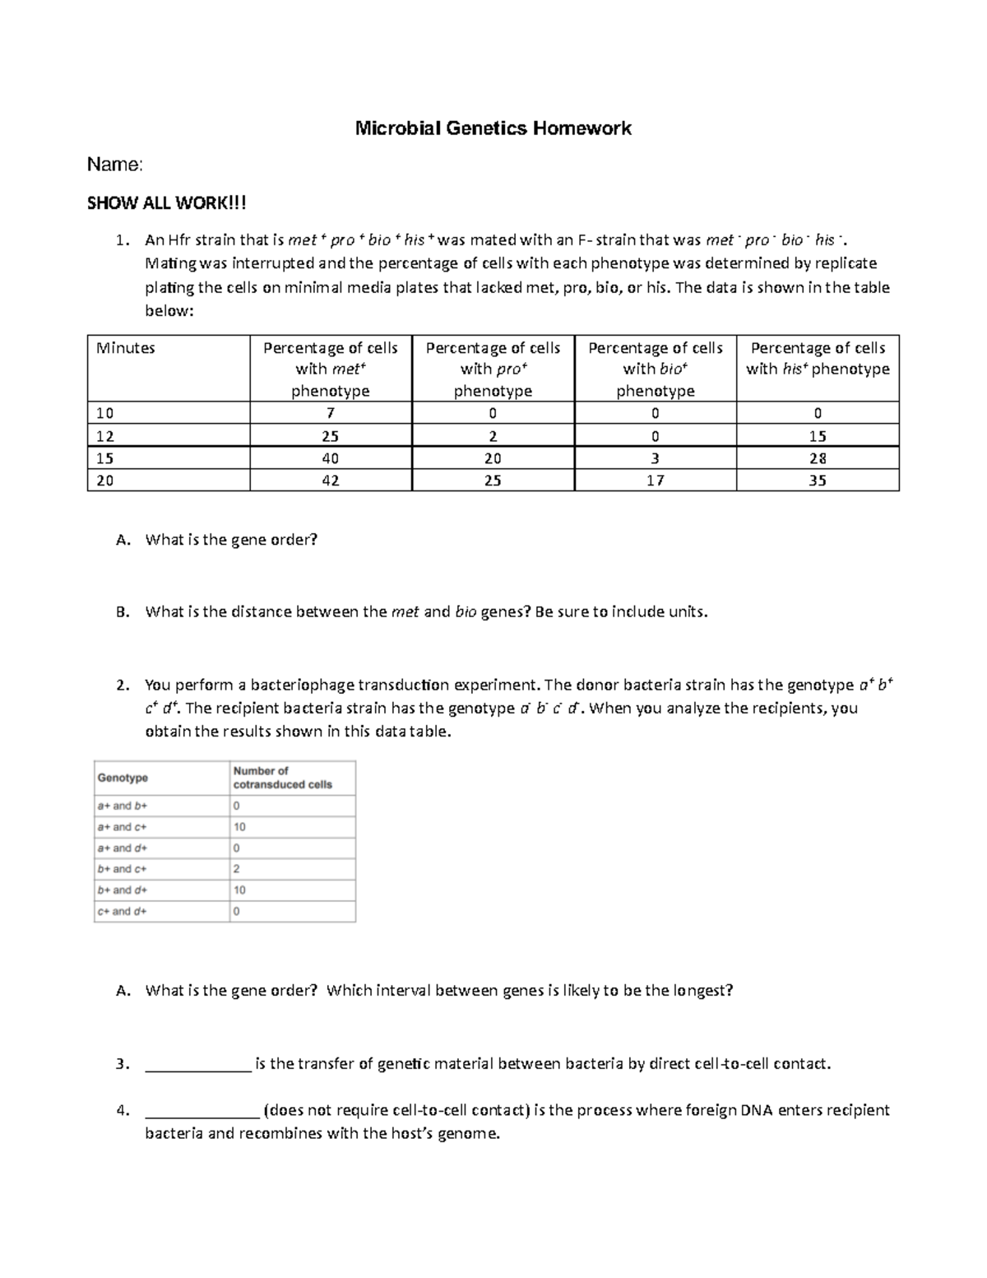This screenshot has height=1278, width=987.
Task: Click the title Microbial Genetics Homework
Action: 493,128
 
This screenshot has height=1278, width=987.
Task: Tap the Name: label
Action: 115,165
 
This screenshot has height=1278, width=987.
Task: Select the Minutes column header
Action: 126,348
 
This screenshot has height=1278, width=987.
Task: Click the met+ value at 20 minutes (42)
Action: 330,481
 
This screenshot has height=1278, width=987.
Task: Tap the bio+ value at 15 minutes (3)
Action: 655,458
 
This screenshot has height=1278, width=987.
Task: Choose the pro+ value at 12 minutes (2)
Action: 493,436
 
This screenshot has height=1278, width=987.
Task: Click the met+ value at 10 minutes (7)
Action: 330,413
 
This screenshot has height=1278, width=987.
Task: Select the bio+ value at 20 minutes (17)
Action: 655,481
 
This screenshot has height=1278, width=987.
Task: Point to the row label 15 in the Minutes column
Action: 105,458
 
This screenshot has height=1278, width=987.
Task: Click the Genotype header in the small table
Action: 123,778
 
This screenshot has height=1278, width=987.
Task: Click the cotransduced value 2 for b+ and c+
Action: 237,869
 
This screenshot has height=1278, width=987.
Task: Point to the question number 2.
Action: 122,685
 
